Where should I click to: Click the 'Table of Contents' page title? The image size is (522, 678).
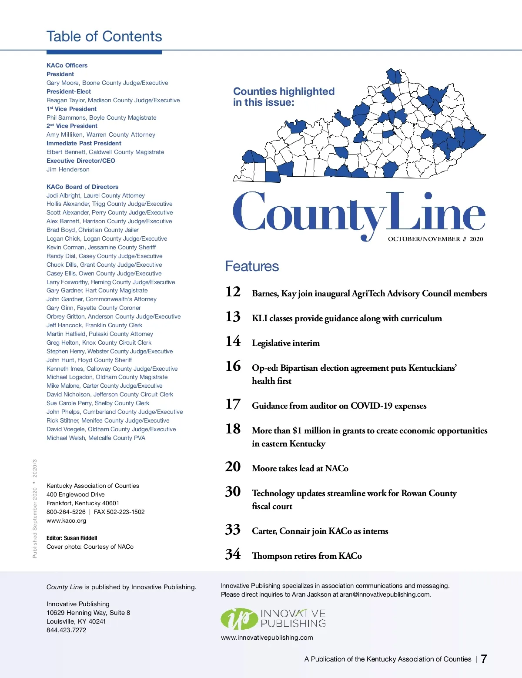pos(104,37)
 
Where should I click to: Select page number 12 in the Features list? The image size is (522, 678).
pos(233,292)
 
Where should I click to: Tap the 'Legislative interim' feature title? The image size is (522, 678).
pos(286,343)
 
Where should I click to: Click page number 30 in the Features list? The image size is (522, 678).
pos(233,492)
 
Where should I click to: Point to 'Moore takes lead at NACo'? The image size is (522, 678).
pos(300,469)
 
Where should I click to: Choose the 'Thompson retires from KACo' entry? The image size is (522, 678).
pos(307,556)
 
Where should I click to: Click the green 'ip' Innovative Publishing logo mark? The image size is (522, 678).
pos(239,619)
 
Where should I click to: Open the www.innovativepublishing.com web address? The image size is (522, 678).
pos(267,638)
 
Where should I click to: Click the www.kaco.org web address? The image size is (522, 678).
pos(66,520)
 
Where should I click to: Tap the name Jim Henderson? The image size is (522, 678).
pos(68,169)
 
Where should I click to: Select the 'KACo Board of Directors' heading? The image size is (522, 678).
pos(82,187)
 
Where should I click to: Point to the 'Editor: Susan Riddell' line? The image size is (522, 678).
pos(72,538)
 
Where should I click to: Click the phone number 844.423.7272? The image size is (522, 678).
pos(66,630)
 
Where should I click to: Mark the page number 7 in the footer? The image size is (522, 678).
pos(484,659)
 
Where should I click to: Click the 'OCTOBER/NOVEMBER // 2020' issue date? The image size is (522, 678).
pos(435,239)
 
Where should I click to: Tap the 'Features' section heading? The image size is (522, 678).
pos(252,266)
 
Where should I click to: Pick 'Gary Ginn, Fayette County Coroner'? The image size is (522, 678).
pos(94,308)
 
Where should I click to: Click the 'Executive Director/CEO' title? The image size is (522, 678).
pos(81,161)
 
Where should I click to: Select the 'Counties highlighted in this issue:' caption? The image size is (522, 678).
pos(284,97)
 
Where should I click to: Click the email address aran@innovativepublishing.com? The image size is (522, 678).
pos(385,594)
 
